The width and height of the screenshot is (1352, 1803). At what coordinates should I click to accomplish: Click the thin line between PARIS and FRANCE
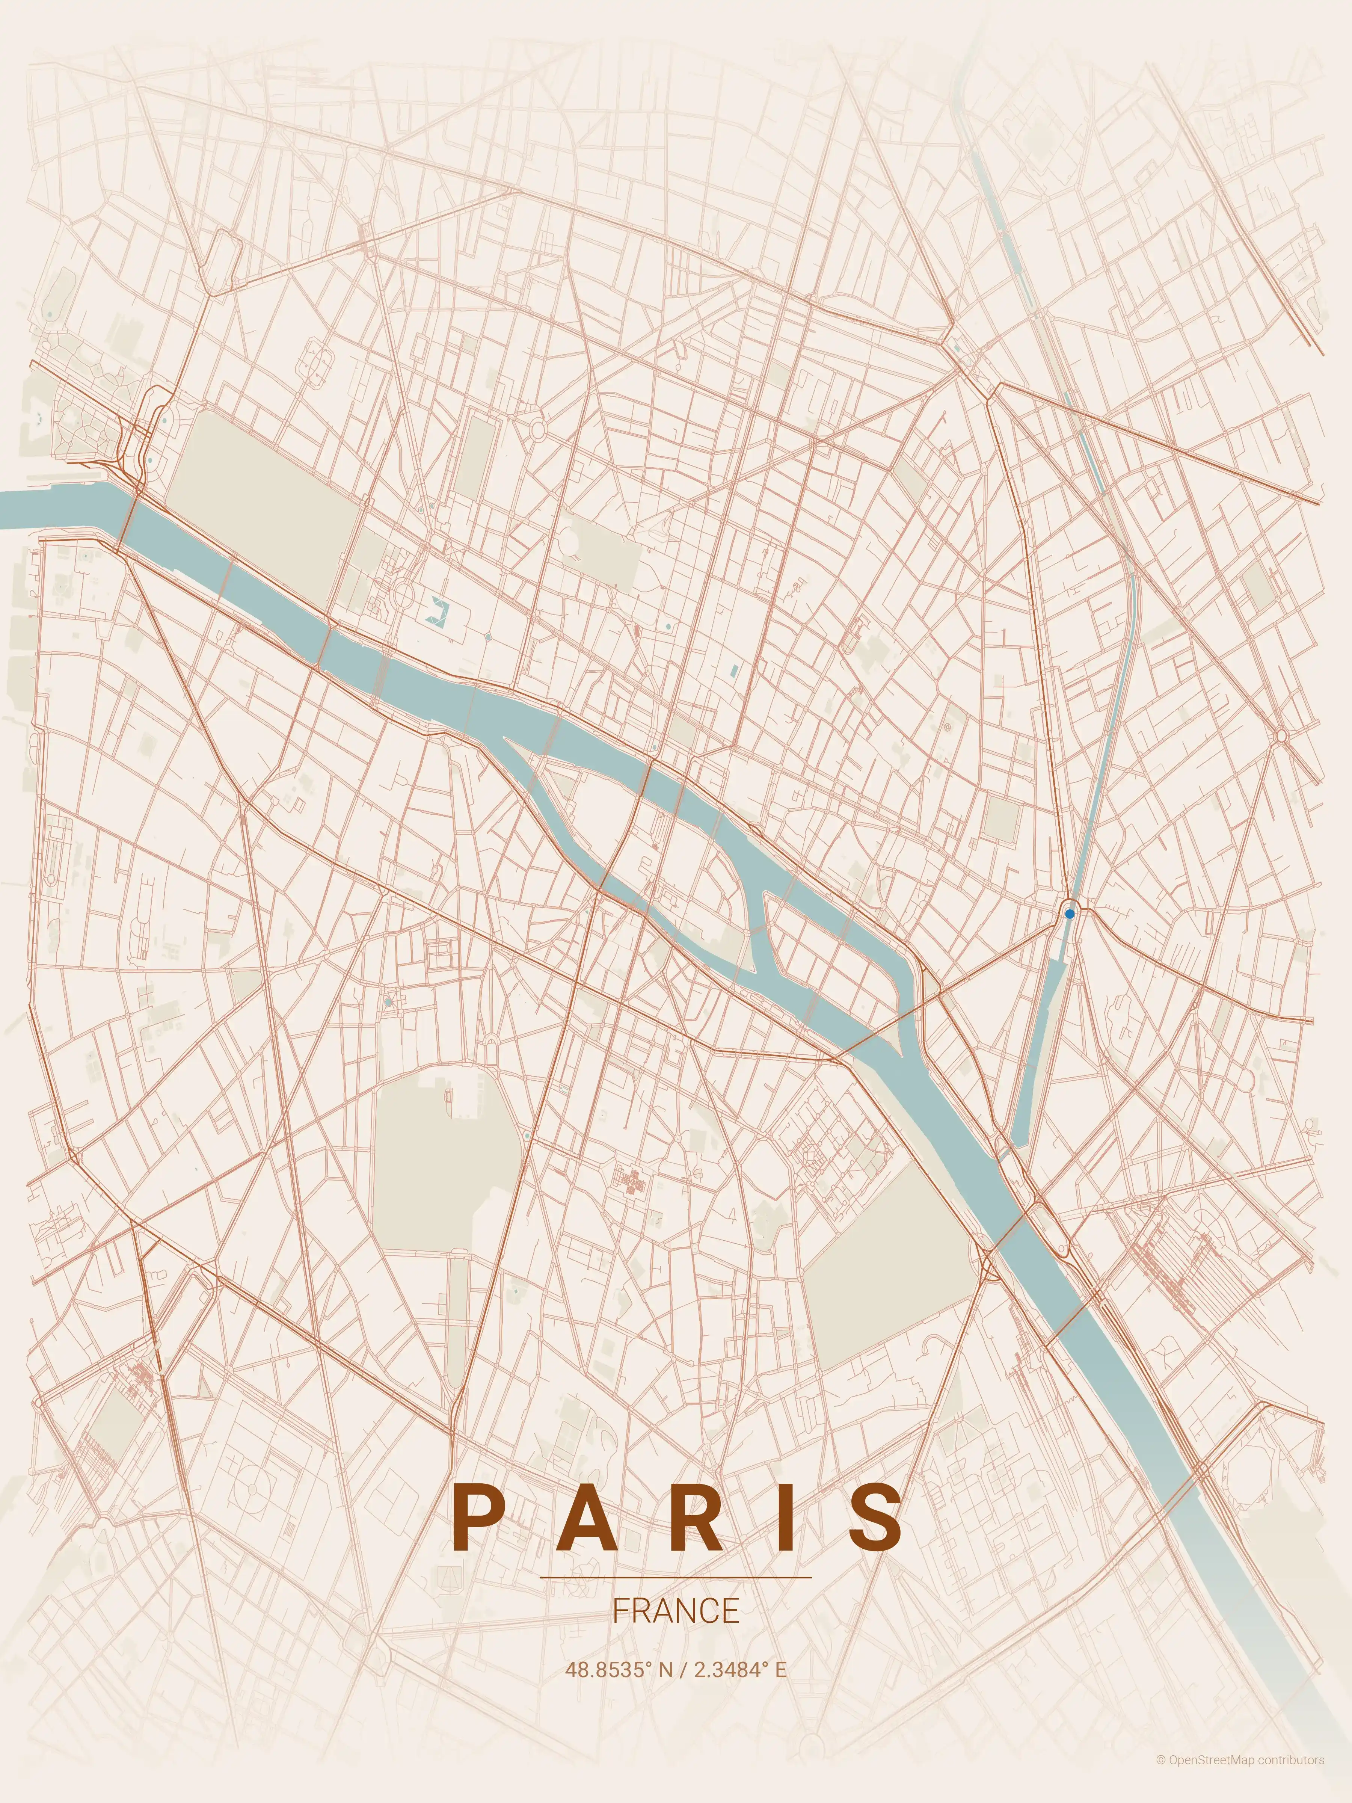click(676, 1577)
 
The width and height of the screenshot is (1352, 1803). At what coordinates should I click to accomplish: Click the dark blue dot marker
click(1069, 914)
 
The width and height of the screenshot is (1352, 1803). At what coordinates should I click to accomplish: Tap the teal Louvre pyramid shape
click(438, 609)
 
